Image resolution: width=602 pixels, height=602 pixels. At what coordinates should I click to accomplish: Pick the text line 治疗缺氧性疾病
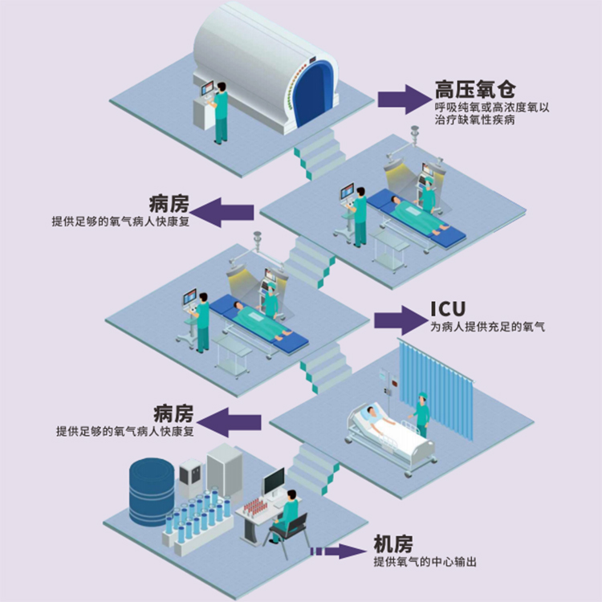coord(474,120)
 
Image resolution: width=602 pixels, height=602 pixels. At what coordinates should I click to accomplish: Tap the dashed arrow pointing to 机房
coord(338,551)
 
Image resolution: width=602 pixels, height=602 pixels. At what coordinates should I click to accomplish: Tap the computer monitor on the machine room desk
coord(274,482)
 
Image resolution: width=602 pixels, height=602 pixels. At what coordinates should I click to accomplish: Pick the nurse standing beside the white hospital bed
coord(422,414)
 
